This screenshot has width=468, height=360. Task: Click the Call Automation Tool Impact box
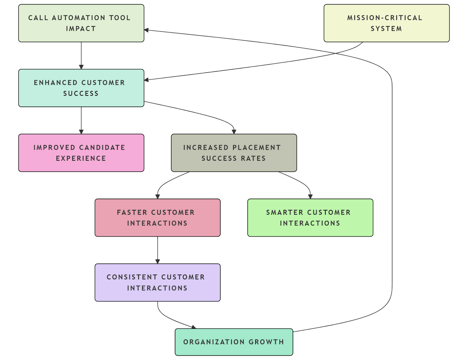81,23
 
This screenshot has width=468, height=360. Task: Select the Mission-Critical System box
386,23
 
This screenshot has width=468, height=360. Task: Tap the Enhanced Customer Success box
81,88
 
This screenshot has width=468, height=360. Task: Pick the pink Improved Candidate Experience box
81,153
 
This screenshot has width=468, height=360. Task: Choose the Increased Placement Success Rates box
234,153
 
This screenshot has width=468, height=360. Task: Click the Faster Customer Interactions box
157,218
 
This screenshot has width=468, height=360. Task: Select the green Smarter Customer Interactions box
310,218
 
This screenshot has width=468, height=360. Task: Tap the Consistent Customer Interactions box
157,283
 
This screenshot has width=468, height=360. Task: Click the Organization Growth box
234,342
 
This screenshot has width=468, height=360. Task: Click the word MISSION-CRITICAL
385,18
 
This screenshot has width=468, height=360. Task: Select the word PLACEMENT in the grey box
257,148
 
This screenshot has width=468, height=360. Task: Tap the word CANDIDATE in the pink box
102,148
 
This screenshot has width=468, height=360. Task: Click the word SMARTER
284,212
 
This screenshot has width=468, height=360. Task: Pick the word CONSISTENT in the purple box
132,277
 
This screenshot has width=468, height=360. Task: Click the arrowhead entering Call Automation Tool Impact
146,30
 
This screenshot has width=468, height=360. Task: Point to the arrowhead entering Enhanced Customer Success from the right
146,80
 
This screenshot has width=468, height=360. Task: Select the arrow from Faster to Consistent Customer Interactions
158,250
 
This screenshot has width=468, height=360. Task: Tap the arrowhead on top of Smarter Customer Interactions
310,197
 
